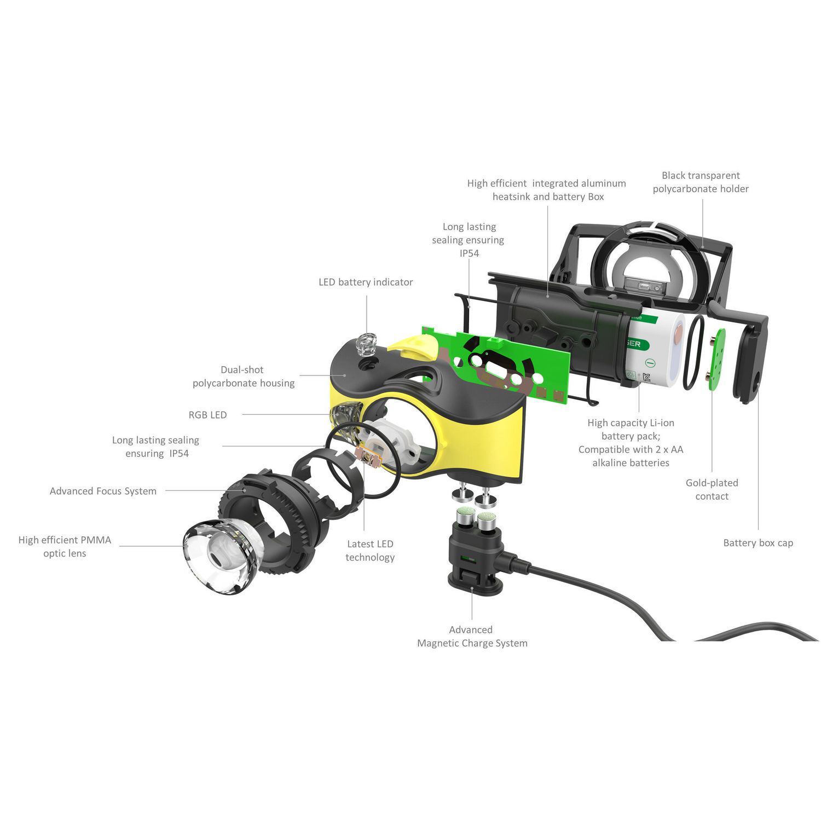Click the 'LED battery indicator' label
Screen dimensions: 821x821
pos(366,282)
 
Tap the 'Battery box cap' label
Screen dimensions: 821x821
pos(758,543)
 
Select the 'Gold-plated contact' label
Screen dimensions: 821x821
pos(712,489)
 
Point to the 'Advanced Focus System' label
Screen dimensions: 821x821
pos(103,492)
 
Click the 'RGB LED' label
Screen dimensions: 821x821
pos(207,415)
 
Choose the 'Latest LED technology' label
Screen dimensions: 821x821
pos(370,551)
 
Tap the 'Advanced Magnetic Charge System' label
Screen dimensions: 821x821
pos(472,637)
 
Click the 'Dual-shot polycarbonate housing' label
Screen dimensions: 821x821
pos(244,377)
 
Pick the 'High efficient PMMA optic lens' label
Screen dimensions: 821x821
pos(65,547)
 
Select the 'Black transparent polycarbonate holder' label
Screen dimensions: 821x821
pos(701,182)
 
